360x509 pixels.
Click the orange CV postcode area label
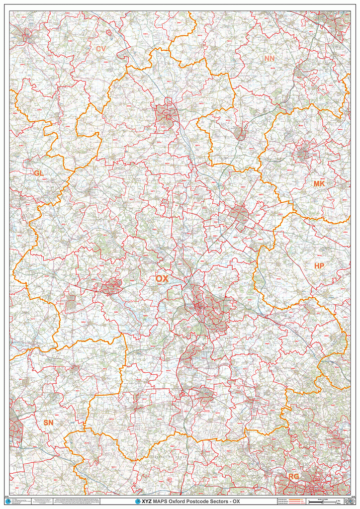click(101, 49)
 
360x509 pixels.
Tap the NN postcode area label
click(270, 59)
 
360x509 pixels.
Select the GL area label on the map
click(38, 173)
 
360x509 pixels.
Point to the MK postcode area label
click(319, 184)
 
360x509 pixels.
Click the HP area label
click(319, 266)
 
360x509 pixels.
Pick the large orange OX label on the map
click(162, 279)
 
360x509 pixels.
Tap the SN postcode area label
click(48, 423)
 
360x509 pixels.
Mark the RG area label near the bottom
click(294, 477)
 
